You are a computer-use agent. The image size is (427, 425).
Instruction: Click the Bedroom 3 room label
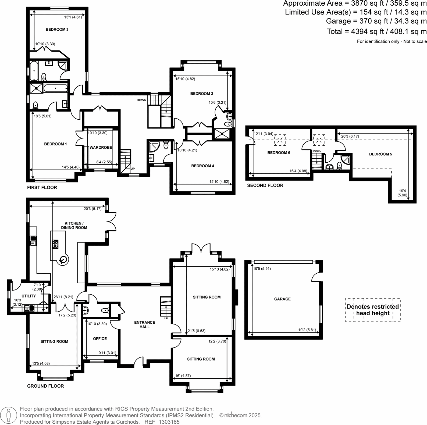(x=57, y=30)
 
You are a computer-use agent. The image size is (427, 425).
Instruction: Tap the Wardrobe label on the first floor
(x=101, y=148)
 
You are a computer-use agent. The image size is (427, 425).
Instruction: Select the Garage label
(x=282, y=299)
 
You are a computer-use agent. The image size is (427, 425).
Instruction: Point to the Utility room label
(x=29, y=296)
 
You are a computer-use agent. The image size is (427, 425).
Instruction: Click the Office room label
(x=100, y=339)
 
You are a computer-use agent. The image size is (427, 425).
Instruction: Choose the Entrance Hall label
(x=144, y=324)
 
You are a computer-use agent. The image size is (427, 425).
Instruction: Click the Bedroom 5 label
(x=380, y=154)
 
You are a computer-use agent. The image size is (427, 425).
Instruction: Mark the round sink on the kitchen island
(x=64, y=260)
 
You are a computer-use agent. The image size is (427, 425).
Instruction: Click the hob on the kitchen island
(x=55, y=244)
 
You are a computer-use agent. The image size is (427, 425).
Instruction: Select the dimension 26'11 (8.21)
(x=63, y=297)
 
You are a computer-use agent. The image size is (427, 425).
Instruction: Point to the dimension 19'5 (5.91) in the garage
(x=262, y=269)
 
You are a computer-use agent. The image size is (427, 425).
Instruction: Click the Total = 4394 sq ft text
(x=376, y=31)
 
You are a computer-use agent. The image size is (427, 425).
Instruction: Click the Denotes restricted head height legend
(x=373, y=310)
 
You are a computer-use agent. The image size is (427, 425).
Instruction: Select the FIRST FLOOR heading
(x=42, y=188)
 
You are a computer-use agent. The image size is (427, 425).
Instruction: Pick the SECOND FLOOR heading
(x=265, y=185)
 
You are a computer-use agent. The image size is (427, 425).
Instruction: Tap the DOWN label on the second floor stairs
(x=317, y=151)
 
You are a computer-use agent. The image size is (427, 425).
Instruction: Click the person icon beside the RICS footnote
(x=9, y=415)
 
